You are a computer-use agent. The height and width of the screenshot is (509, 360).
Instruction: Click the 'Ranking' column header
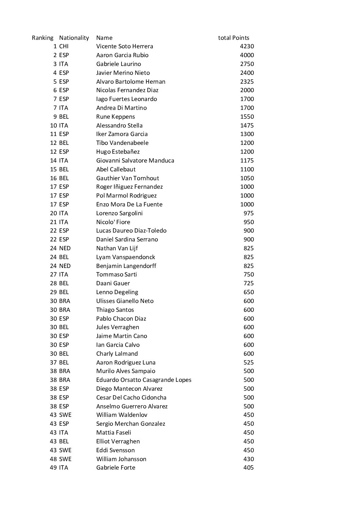pyautogui.click(x=43, y=38)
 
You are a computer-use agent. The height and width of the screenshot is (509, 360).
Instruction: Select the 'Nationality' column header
pyautogui.click(x=74, y=38)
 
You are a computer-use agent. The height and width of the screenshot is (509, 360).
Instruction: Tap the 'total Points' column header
pyautogui.click(x=233, y=38)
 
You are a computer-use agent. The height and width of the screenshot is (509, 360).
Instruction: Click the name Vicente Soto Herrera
pyautogui.click(x=125, y=46)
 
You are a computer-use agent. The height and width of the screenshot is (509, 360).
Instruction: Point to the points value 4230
pyautogui.click(x=247, y=46)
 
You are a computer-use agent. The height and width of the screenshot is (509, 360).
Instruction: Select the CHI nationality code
pyautogui.click(x=64, y=46)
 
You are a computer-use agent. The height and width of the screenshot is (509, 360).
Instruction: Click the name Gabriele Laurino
pyautogui.click(x=118, y=64)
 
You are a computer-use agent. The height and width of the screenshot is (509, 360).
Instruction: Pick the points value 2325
pyautogui.click(x=247, y=82)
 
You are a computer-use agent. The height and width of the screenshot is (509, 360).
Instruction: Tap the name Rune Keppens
pyautogui.click(x=115, y=117)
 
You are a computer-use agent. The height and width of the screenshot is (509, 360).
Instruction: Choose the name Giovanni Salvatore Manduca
pyautogui.click(x=135, y=160)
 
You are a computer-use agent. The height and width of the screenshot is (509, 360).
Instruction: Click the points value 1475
pyautogui.click(x=247, y=125)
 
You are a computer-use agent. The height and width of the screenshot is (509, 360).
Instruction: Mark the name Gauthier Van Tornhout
pyautogui.click(x=128, y=178)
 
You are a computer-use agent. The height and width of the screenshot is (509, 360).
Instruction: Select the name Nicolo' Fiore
pyautogui.click(x=113, y=222)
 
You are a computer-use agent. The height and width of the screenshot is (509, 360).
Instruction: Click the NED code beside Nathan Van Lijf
pyautogui.click(x=65, y=248)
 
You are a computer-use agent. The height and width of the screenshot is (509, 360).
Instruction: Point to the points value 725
pyautogui.click(x=248, y=283)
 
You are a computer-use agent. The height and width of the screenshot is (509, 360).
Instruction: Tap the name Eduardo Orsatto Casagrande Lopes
pyautogui.click(x=144, y=380)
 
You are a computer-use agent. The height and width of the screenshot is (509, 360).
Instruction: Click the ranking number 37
pyautogui.click(x=53, y=362)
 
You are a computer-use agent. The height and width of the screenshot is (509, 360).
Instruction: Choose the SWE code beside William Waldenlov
pyautogui.click(x=65, y=415)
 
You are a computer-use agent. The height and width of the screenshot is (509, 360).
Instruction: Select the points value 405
pyautogui.click(x=248, y=468)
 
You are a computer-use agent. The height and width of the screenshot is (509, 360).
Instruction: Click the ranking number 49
pyautogui.click(x=53, y=468)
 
